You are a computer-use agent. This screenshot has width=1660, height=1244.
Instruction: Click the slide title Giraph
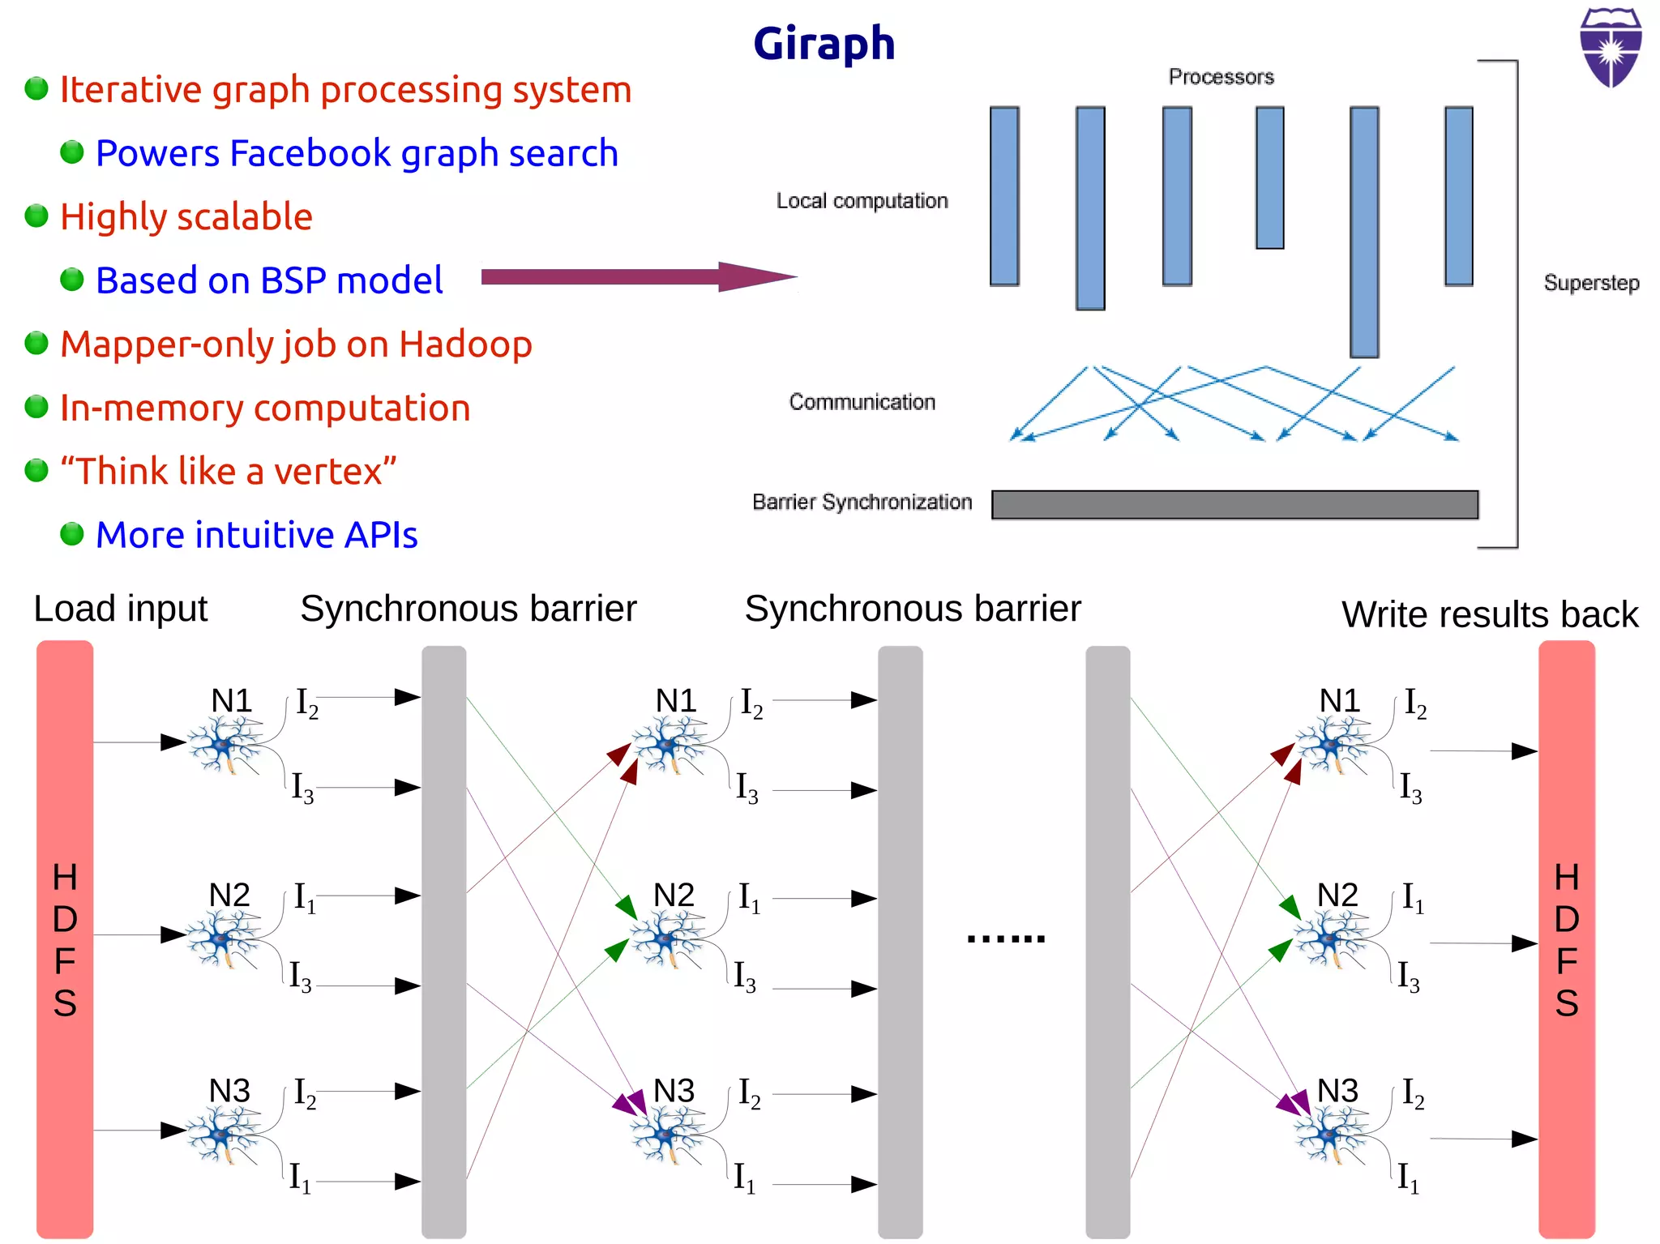click(824, 44)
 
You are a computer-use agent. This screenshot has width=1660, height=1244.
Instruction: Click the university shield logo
click(1611, 47)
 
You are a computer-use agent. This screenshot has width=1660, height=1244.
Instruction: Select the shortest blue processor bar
click(1269, 177)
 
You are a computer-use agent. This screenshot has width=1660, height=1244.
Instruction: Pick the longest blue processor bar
click(1364, 232)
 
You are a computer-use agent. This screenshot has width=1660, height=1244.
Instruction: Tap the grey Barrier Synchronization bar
click(1234, 504)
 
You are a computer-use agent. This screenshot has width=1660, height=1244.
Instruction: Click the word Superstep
click(1591, 283)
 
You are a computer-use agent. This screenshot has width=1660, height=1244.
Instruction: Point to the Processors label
click(1221, 77)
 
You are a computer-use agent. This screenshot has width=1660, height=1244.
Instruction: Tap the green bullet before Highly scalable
click(36, 216)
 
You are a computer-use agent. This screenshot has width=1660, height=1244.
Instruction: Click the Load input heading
click(120, 609)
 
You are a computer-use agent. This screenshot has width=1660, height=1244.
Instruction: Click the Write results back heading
click(1489, 614)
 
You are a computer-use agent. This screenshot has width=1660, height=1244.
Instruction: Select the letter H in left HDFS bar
click(65, 877)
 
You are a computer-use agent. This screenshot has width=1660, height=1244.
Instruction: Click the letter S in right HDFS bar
click(1566, 1003)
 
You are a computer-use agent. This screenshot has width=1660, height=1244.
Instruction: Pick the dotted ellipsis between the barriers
click(1005, 938)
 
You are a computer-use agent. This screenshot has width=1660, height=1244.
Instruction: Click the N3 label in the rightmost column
click(1337, 1091)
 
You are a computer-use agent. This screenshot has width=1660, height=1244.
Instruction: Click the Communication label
click(862, 402)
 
